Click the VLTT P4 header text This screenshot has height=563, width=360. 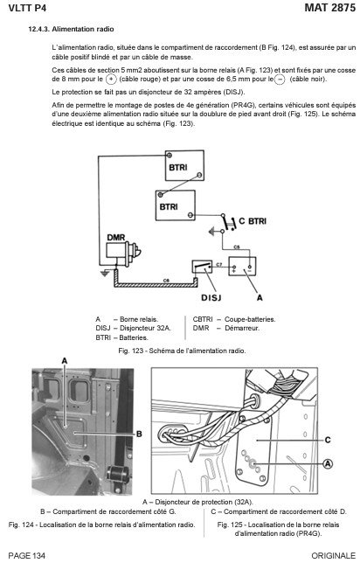tap(27, 8)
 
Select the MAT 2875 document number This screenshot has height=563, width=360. tap(329, 8)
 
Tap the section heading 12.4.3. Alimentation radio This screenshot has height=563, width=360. tap(71, 30)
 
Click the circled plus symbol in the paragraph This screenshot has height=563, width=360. tap(111, 79)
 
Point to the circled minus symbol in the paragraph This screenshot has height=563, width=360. tap(280, 80)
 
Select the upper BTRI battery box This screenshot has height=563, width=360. tap(184, 165)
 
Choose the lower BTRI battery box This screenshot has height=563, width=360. tap(175, 205)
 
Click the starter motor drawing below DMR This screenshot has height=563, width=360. tap(123, 254)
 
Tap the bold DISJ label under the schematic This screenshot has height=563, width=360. tap(211, 297)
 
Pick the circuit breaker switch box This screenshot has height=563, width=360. tap(202, 268)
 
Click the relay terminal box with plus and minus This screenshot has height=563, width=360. tap(242, 267)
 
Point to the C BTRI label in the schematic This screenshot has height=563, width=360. tap(253, 221)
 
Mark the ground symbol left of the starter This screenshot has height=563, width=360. tap(105, 274)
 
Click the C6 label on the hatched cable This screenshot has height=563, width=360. tap(167, 280)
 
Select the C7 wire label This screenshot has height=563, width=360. tap(219, 265)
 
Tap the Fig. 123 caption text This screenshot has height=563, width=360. tap(182, 351)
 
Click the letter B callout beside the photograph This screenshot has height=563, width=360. tap(139, 434)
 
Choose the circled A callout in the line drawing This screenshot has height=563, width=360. tap(328, 464)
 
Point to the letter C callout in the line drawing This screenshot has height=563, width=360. tap(328, 440)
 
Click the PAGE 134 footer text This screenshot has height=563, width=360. tap(26, 556)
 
